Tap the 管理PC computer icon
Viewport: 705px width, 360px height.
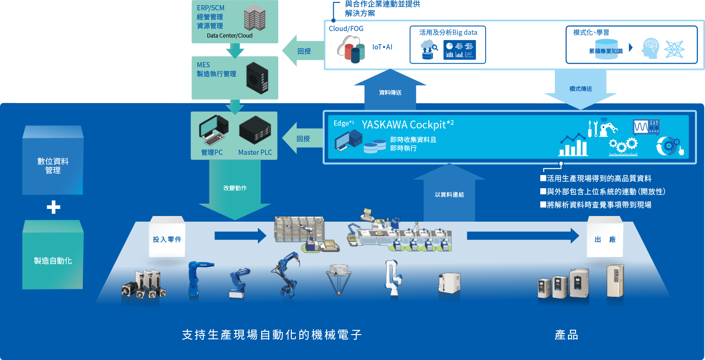[213, 131]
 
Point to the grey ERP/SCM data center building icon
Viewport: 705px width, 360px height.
[255, 19]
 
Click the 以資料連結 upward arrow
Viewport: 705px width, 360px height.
[449, 193]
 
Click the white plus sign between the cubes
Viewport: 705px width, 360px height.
[53, 207]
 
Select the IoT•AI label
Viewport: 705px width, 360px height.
[383, 47]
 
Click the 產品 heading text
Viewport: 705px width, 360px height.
[566, 335]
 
